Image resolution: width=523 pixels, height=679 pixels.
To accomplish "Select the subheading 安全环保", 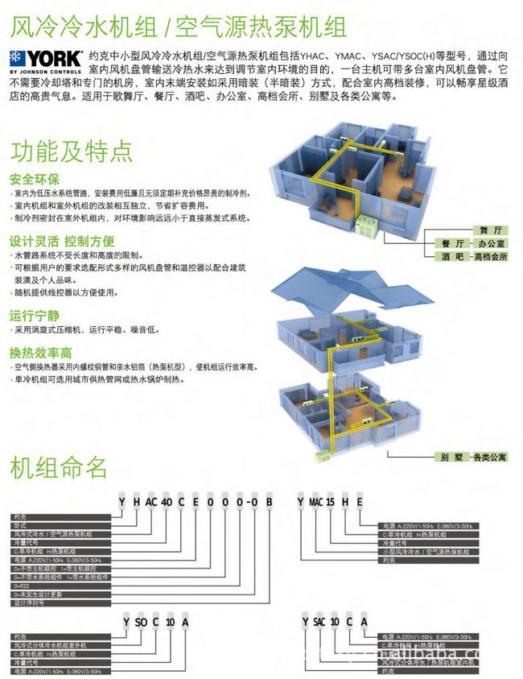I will (x=35, y=179).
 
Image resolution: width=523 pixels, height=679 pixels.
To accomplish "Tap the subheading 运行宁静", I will (x=35, y=315).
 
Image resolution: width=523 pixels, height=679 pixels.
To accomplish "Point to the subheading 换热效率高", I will (x=41, y=353).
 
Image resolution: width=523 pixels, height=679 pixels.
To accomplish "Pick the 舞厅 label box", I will (x=480, y=230).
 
